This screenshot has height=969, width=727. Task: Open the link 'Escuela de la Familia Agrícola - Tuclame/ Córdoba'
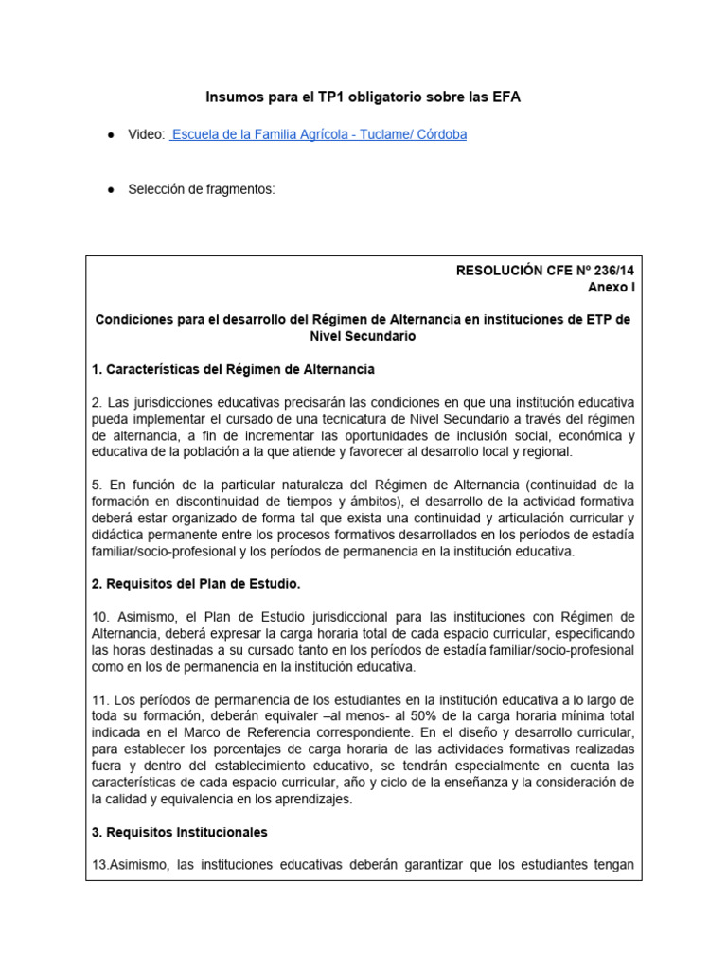319,135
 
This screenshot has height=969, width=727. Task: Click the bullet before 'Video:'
111,135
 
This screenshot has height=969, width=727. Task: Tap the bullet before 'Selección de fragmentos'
111,189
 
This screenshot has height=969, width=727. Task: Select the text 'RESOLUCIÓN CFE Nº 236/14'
543,270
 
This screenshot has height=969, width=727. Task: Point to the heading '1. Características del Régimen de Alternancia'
234,368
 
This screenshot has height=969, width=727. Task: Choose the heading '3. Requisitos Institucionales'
180,833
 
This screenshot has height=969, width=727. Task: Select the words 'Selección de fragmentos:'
202,189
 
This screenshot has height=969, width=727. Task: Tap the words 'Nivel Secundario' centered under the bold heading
363,336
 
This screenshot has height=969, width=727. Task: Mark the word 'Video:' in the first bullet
147,135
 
